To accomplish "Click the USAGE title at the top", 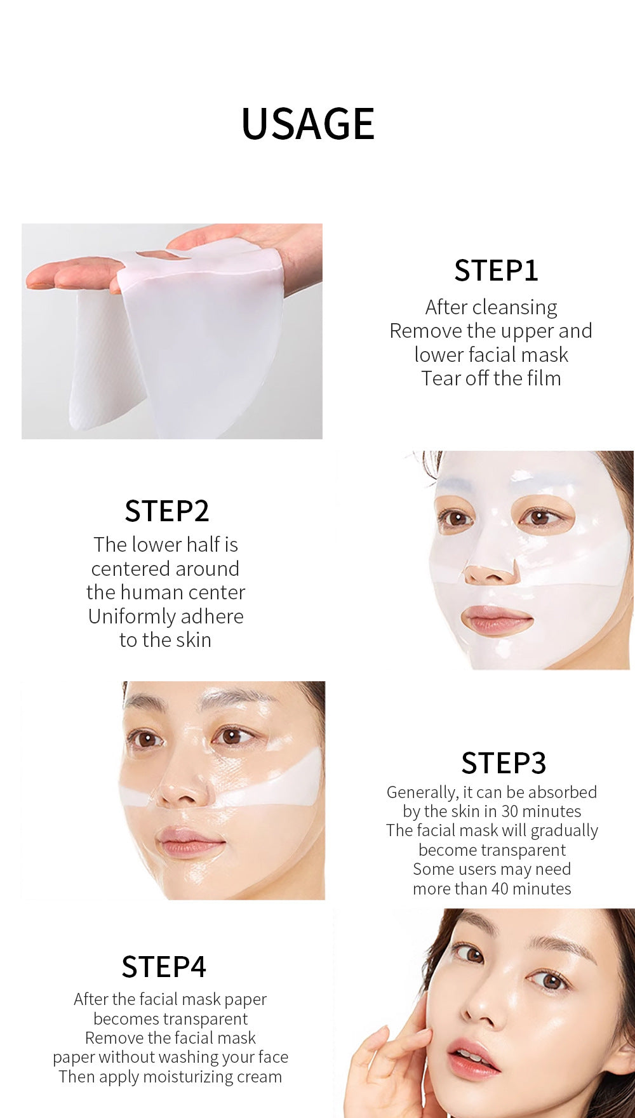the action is tap(308, 123).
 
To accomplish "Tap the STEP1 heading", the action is tap(496, 270).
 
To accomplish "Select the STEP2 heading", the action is tap(166, 511).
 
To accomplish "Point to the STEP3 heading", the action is tap(504, 763).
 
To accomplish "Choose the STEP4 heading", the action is tap(164, 967).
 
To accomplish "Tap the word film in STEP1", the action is tap(543, 378).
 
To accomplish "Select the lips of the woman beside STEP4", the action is tap(474, 1058).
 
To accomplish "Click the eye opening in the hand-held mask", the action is tap(164, 255).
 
